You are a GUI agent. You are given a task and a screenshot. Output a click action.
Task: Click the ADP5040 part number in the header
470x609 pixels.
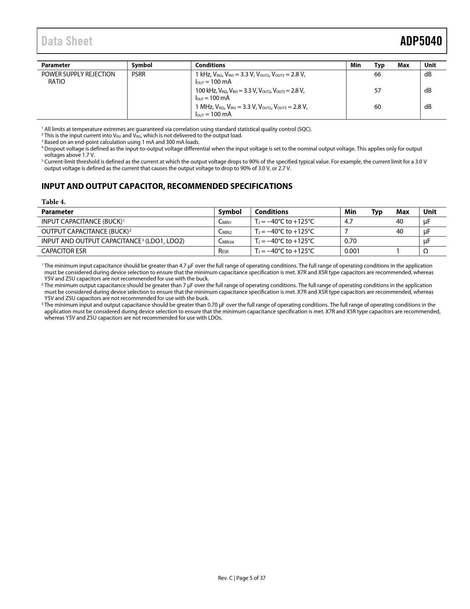coord(421,41)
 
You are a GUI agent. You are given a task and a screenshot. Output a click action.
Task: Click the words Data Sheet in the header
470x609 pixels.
coord(67,41)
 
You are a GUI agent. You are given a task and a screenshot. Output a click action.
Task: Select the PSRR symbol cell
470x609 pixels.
coord(139,74)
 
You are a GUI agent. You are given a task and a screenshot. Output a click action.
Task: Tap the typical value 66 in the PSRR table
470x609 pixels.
coord(377,74)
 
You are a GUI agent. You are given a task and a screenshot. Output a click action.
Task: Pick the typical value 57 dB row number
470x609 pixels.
coord(377,90)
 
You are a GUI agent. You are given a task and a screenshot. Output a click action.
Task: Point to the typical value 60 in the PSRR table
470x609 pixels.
coord(377,107)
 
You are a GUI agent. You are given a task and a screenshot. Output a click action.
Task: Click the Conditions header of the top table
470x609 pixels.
coord(210,65)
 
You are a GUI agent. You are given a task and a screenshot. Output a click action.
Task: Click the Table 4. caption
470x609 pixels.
coord(53,202)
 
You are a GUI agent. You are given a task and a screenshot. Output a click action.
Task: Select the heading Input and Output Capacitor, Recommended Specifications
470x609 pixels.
coord(167,186)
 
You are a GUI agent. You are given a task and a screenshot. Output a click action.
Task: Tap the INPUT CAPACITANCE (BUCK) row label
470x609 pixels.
coord(82,221)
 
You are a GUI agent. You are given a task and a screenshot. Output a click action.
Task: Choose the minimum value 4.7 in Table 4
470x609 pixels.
coord(349,221)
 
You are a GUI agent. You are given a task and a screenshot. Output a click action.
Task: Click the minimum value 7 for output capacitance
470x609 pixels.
coord(346,231)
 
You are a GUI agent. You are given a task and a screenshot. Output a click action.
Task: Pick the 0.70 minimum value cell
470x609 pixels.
coord(350,241)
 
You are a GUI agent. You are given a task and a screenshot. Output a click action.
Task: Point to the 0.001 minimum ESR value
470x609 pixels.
coord(352,251)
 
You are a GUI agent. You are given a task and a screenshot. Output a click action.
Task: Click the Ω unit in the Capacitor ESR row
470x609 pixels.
coord(425,251)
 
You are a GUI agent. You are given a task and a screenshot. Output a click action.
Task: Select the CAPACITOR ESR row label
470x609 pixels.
coord(64,251)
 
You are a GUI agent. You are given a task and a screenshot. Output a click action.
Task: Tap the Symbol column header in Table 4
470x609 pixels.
coord(230,212)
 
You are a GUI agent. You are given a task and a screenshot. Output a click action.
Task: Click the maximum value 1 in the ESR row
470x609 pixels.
coord(398,251)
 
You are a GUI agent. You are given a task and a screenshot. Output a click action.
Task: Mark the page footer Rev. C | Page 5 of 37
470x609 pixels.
coord(241,578)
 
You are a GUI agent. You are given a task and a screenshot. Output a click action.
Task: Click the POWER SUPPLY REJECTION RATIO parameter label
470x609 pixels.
coord(78,78)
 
